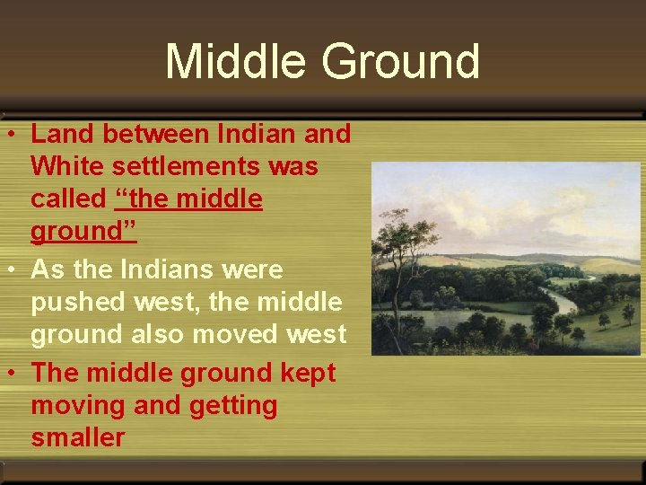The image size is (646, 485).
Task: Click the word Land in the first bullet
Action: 63,134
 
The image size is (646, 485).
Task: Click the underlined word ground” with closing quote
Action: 83,232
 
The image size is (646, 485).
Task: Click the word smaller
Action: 78,437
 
